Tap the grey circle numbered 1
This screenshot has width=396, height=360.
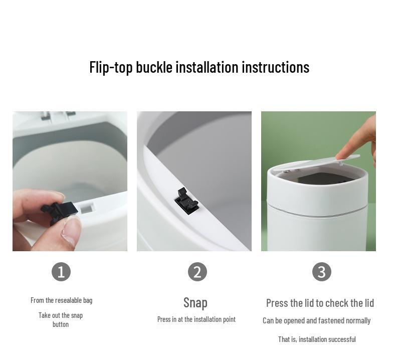pyautogui.click(x=61, y=272)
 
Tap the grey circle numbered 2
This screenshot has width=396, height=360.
pyautogui.click(x=197, y=272)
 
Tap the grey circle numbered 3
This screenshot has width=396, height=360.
pyautogui.click(x=321, y=272)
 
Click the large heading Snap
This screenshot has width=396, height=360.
pyautogui.click(x=195, y=302)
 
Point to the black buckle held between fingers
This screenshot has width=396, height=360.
pyautogui.click(x=59, y=210)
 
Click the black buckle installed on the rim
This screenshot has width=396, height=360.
pyautogui.click(x=186, y=200)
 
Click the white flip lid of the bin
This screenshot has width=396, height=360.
pyautogui.click(x=316, y=165)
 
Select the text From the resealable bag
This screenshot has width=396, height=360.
pyautogui.click(x=61, y=300)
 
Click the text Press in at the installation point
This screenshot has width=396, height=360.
pyautogui.click(x=196, y=319)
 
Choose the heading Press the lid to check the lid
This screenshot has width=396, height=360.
pyautogui.click(x=320, y=303)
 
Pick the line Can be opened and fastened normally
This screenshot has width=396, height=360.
pyautogui.click(x=316, y=320)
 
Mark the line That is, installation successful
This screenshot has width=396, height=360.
pyautogui.click(x=317, y=339)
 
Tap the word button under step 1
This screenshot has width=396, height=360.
pyautogui.click(x=61, y=324)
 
